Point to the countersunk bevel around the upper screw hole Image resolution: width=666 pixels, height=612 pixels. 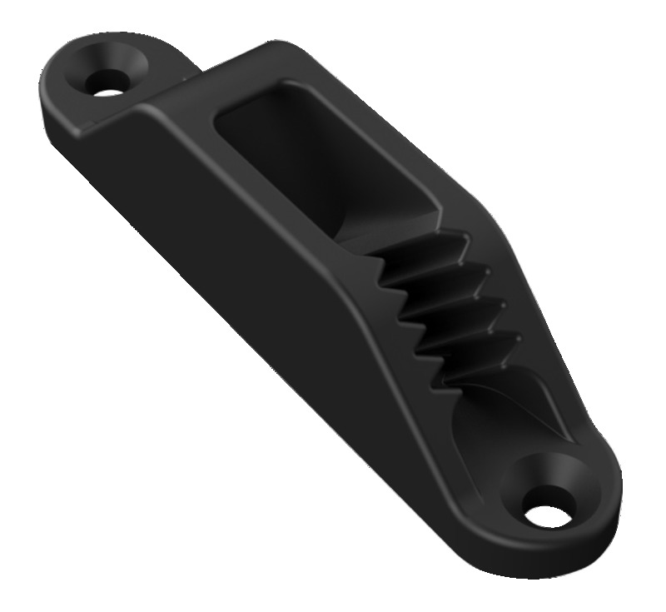(125, 64)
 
